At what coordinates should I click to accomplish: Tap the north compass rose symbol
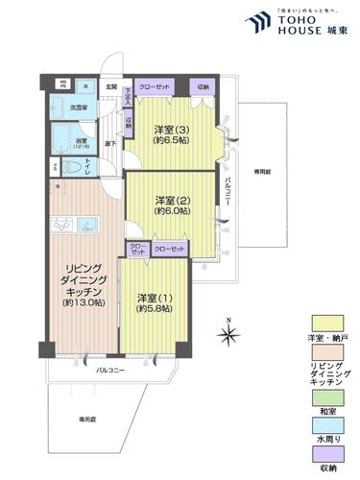coord(228,334)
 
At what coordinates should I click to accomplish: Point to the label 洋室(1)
coord(153,297)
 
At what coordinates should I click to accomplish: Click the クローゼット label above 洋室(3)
coord(156,87)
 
